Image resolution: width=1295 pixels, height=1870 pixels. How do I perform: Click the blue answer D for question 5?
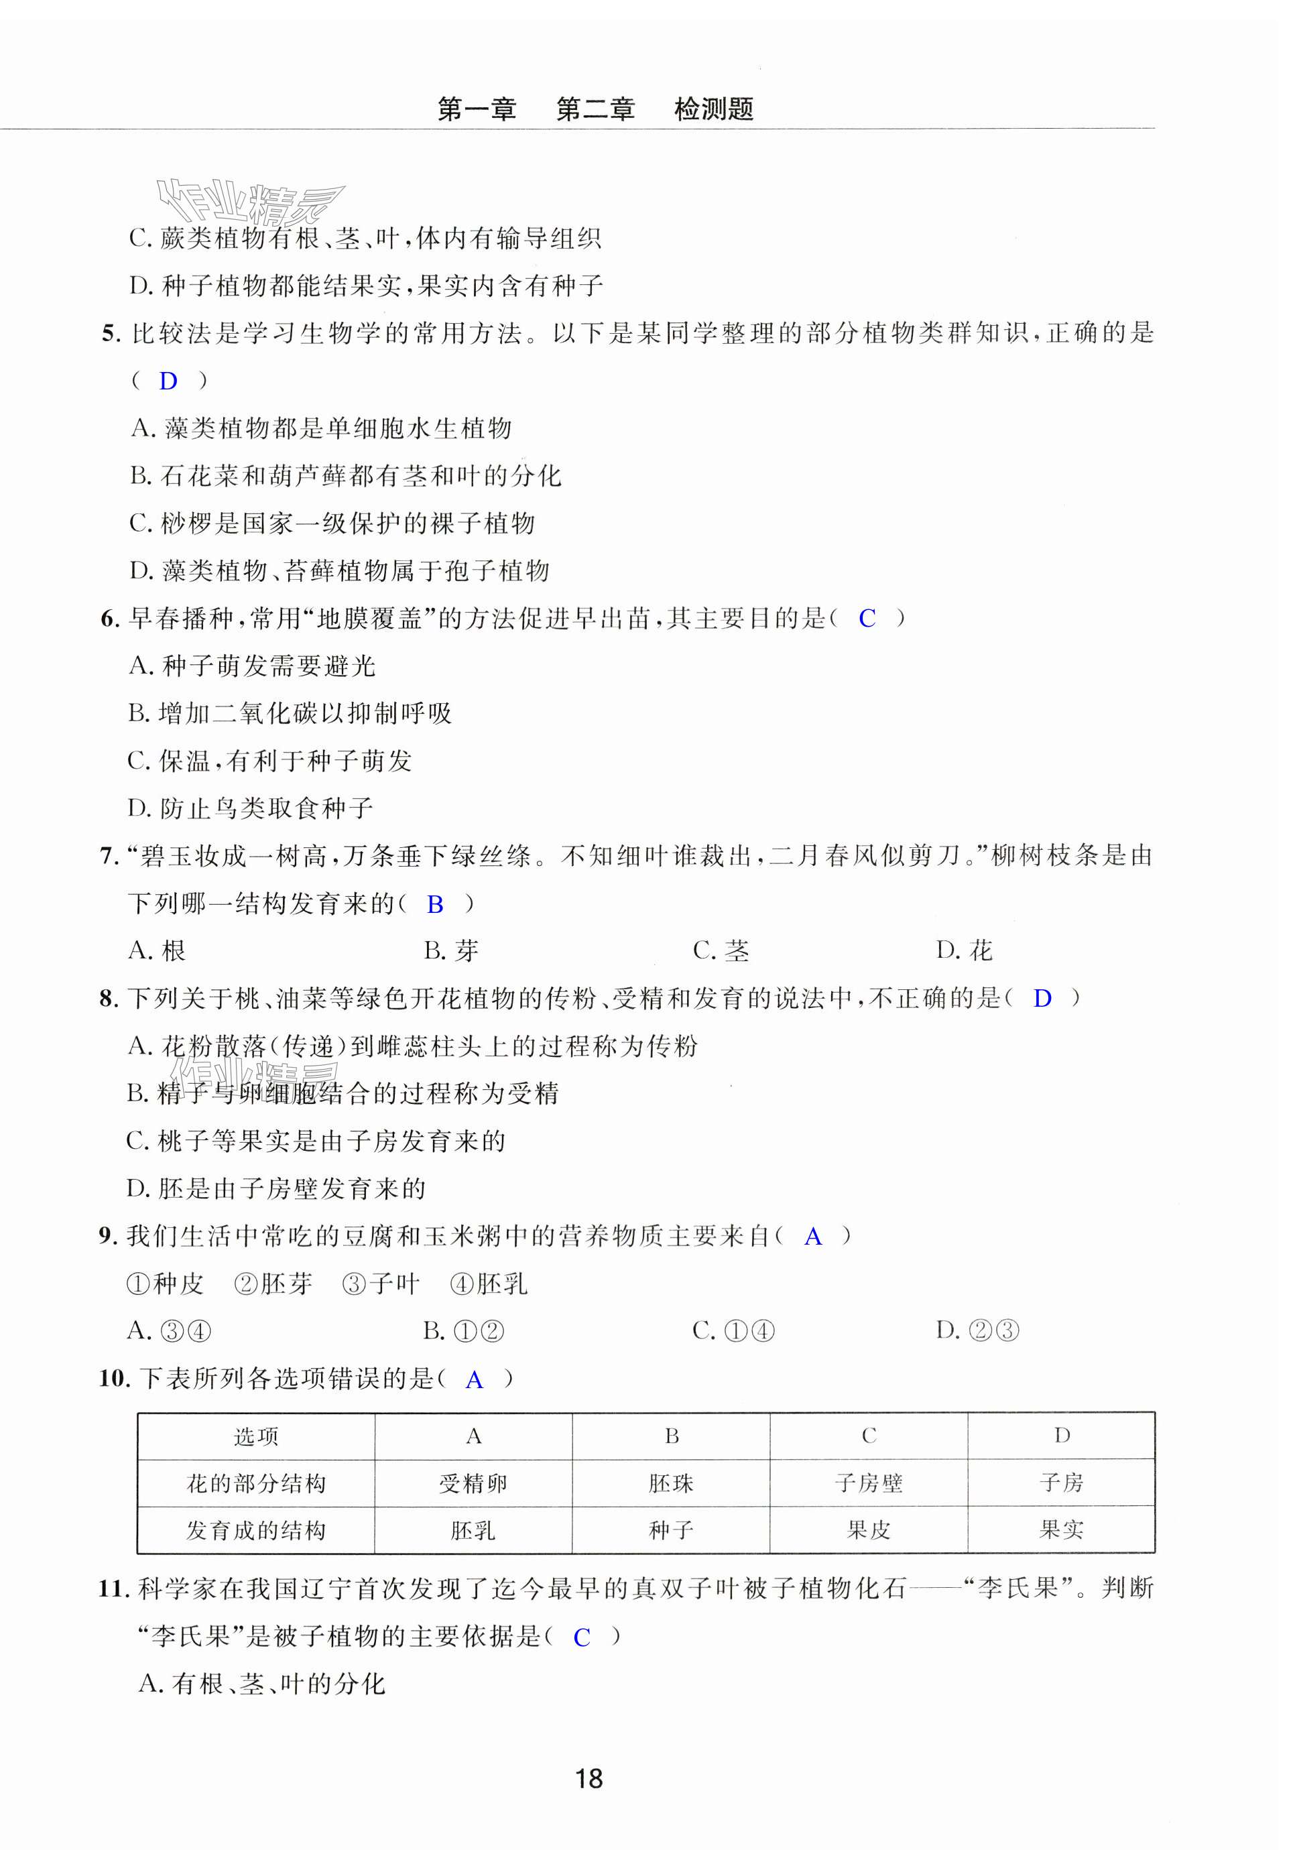tap(168, 381)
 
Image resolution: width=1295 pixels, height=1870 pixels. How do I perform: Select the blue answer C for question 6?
tap(867, 619)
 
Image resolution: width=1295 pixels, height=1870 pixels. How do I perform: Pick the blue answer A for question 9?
tap(812, 1237)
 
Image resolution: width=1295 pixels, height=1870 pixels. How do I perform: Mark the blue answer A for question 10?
tap(475, 1380)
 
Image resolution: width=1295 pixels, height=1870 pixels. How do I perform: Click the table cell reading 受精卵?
tap(473, 1484)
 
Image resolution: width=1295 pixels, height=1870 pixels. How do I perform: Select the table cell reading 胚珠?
tap(671, 1484)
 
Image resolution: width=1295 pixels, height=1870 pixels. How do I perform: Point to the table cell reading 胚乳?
tap(473, 1531)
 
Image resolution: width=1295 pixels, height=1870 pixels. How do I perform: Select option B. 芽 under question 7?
tap(451, 951)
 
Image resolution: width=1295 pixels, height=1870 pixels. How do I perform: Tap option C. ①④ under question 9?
tap(733, 1331)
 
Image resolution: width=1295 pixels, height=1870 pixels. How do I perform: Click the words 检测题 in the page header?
tap(713, 109)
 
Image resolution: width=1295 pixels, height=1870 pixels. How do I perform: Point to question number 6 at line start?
tap(109, 620)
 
